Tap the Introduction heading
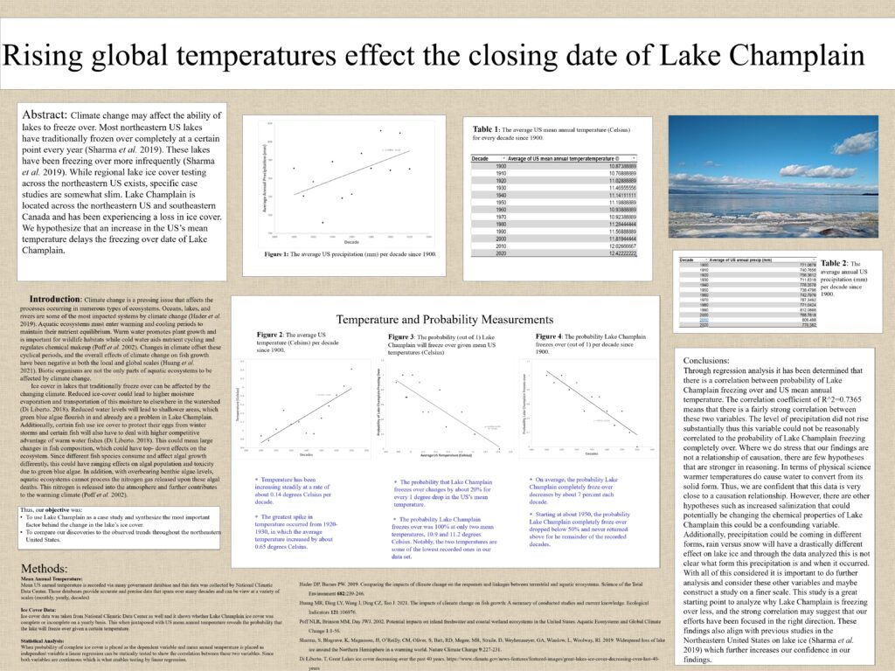point(56,300)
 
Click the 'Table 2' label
point(834,263)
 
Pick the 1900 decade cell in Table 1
point(501,165)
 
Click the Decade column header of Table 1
point(481,158)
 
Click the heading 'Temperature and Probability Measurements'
point(444,320)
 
